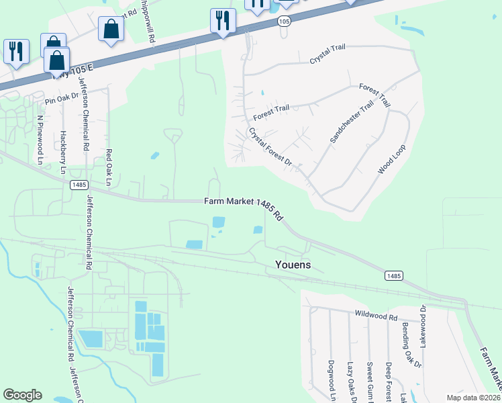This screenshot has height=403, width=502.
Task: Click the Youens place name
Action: pos(293,265)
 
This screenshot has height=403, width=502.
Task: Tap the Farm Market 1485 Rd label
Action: pos(244,204)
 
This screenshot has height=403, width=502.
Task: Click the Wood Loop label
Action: pos(391,159)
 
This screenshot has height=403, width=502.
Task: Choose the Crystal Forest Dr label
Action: pos(270,148)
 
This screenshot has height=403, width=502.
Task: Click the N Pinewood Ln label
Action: pos(41,140)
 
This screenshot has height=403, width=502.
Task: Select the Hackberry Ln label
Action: pos(64,152)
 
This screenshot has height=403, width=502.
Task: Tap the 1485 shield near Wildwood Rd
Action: pos(394,276)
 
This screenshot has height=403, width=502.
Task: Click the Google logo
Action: pos(23,395)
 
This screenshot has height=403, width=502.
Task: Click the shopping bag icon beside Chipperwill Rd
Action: pos(111,30)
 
